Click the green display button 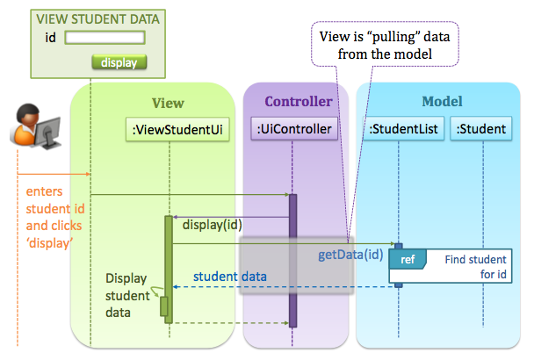[x=119, y=62]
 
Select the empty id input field [x=105, y=38]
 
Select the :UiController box [x=293, y=130]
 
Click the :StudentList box [x=403, y=130]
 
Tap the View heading [x=168, y=103]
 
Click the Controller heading [x=298, y=102]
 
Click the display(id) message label [x=212, y=225]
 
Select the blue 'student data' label [x=230, y=277]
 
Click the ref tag [x=408, y=260]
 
